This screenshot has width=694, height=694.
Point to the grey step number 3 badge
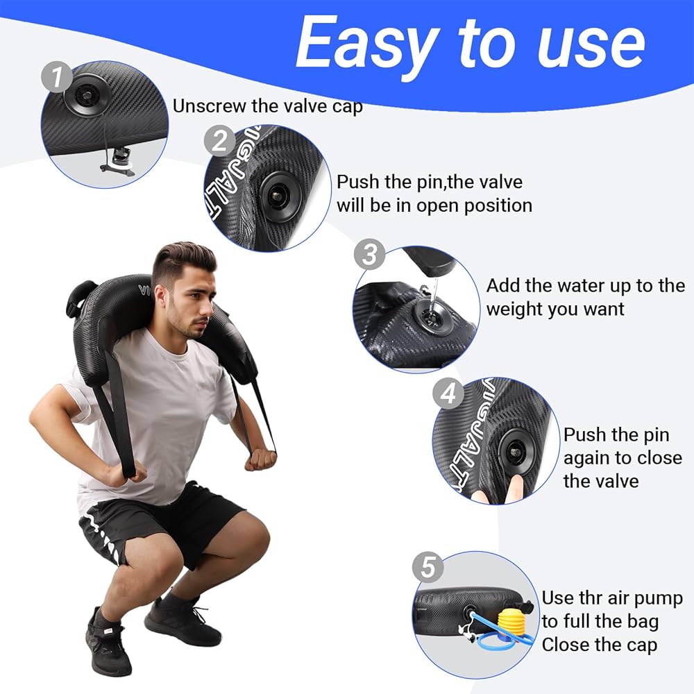(x=369, y=255)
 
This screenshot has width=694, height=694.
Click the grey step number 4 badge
(x=448, y=393)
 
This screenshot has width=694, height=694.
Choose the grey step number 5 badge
(x=428, y=568)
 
